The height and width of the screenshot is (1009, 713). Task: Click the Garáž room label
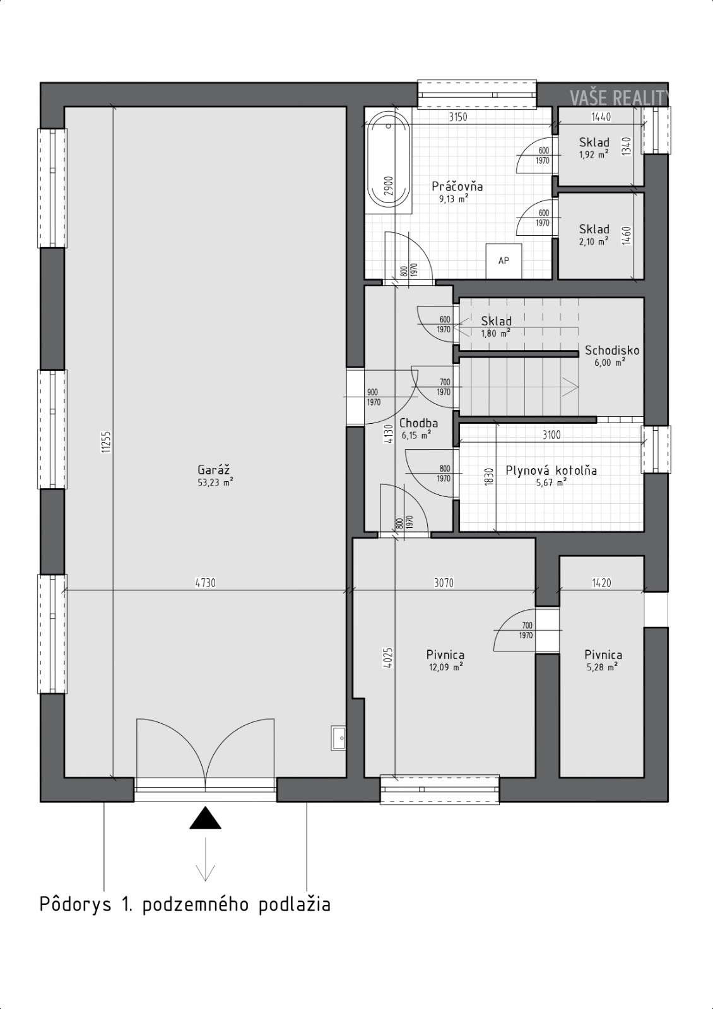(214, 470)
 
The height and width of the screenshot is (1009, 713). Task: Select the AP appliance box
(504, 261)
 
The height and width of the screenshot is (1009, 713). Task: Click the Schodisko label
(611, 351)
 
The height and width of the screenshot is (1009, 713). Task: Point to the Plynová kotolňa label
(551, 470)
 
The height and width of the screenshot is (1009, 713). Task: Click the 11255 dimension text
(106, 442)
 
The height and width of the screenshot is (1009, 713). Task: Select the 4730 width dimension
(205, 583)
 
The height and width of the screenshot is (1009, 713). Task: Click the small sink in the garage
(338, 738)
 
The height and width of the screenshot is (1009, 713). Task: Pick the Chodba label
(418, 423)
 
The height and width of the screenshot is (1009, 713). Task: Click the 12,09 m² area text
(445, 667)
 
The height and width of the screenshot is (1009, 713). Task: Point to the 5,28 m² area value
(602, 667)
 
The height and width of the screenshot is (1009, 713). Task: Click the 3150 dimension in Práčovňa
(457, 117)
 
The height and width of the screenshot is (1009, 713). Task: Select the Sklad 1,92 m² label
(594, 148)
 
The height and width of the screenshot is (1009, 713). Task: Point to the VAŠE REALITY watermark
(619, 98)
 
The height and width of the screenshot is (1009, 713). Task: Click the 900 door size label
(373, 392)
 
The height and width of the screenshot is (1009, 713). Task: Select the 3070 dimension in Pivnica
(444, 583)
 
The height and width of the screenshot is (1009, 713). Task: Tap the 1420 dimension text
(601, 583)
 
